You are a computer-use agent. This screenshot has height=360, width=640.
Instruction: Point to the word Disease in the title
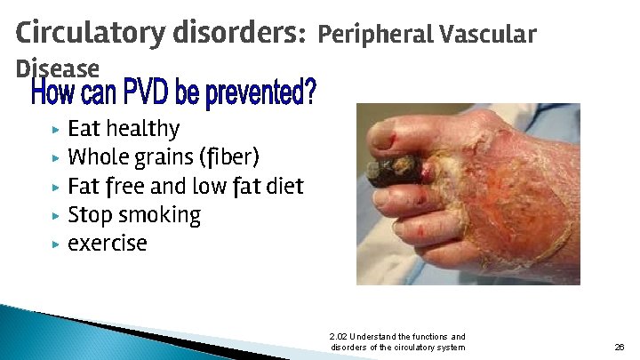point(58,68)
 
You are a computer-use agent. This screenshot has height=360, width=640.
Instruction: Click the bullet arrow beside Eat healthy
point(55,130)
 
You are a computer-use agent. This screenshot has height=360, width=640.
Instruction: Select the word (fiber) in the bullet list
point(228,158)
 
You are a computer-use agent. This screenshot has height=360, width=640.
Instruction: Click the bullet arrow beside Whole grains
point(55,158)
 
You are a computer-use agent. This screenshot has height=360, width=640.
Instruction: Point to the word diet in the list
point(284,187)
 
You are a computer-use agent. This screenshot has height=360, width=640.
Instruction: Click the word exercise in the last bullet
point(107,244)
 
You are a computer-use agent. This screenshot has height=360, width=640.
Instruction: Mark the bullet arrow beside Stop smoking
point(55,215)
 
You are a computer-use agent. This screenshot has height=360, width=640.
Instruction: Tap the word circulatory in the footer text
point(416,348)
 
